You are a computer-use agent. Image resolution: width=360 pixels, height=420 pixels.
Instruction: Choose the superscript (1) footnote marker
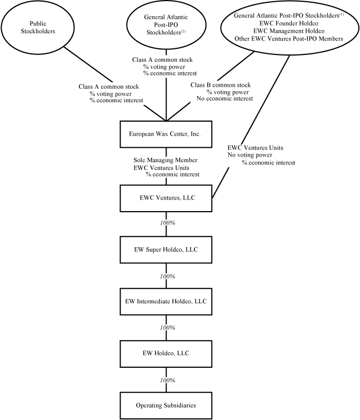pos(341,14)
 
